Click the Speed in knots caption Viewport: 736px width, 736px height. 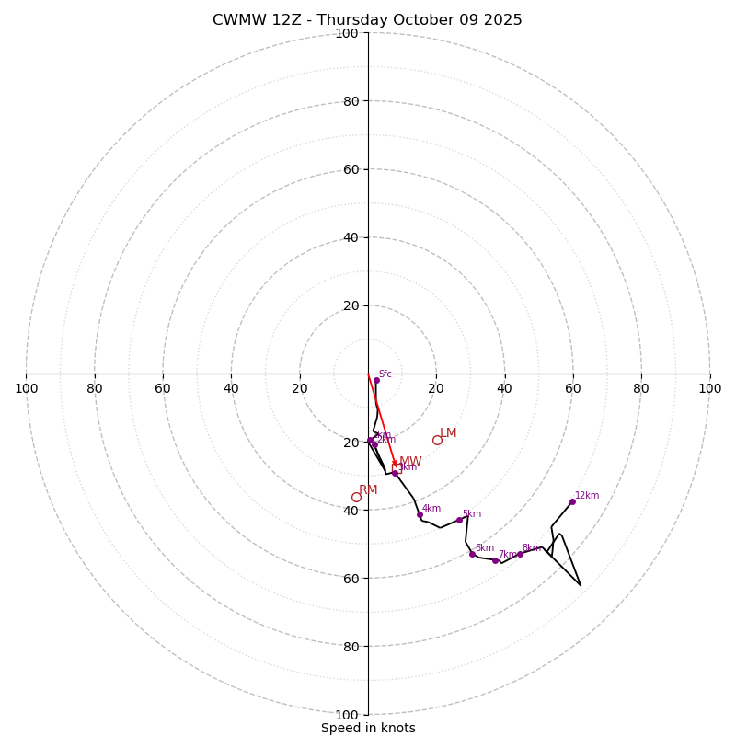click(x=368, y=728)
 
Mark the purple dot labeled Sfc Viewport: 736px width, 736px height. click(x=376, y=380)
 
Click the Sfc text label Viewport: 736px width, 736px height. click(x=385, y=374)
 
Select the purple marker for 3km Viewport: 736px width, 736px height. click(x=396, y=473)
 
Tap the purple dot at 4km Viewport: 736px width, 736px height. click(x=420, y=515)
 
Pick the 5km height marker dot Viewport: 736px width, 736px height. click(x=460, y=520)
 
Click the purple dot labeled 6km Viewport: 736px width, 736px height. click(x=473, y=554)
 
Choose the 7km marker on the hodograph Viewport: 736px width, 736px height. click(x=495, y=560)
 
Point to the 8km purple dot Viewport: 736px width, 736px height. click(x=520, y=554)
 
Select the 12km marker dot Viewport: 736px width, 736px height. click(x=572, y=501)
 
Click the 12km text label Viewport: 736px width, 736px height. click(x=587, y=496)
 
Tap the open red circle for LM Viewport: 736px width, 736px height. click(x=437, y=440)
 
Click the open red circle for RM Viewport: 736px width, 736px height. click(x=356, y=497)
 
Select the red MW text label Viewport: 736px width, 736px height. click(x=411, y=462)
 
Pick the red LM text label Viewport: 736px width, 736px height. click(x=448, y=433)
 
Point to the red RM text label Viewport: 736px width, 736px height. click(x=368, y=490)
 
